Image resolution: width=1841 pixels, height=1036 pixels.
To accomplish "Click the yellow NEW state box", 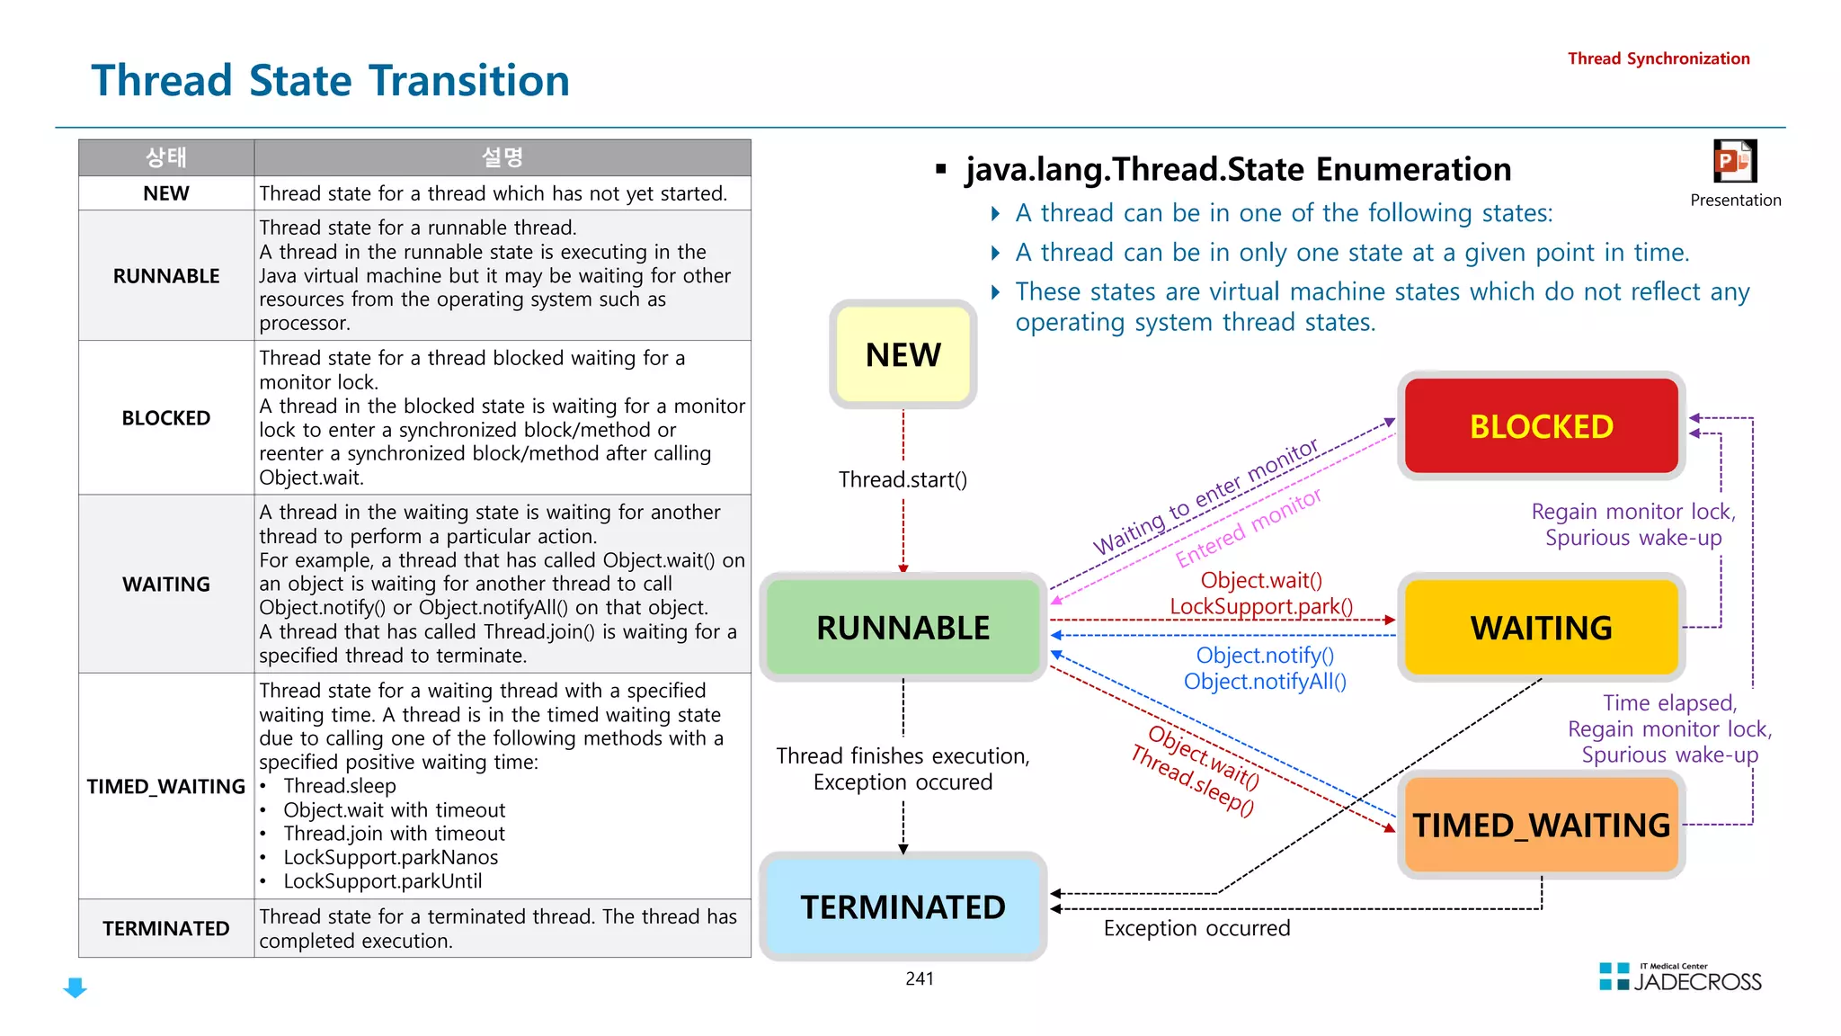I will coord(903,354).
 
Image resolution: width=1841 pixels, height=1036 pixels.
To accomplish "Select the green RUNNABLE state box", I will coord(903,627).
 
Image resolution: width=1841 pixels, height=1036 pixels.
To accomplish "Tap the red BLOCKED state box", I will coord(1541,425).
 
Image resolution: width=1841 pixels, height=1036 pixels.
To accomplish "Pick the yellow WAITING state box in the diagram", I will coord(1541,627).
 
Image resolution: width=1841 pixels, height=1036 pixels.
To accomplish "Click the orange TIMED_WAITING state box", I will coord(1541,825).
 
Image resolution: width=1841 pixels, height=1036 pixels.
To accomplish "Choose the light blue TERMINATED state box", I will coord(903,906).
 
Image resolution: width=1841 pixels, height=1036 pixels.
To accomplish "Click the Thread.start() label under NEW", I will coord(903,479).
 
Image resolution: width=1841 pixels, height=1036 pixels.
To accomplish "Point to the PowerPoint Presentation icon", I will coord(1734,163).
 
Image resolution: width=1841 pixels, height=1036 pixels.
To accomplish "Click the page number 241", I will coord(920,978).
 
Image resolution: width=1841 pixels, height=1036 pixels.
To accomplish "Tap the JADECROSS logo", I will coord(1681,978).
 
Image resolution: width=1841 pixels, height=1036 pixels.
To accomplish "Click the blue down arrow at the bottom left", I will coord(76,987).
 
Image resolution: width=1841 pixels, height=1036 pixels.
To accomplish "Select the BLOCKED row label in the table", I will coord(166,418).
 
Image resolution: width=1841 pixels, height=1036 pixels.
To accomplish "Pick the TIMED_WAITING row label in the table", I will coord(166,787).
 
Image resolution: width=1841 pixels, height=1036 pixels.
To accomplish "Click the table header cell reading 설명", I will coord(502,157).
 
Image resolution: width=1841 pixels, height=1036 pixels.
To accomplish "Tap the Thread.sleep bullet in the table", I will coord(340,786).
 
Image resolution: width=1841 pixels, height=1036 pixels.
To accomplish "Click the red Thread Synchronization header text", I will coord(1659,58).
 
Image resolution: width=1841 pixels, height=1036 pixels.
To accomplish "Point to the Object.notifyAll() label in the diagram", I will coord(1265,682).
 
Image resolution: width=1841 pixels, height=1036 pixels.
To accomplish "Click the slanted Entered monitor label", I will coord(1248,528).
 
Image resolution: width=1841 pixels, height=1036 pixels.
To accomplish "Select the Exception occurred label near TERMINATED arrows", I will coord(1196,928).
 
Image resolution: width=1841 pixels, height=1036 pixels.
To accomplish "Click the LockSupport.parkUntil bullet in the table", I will coord(383,881).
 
